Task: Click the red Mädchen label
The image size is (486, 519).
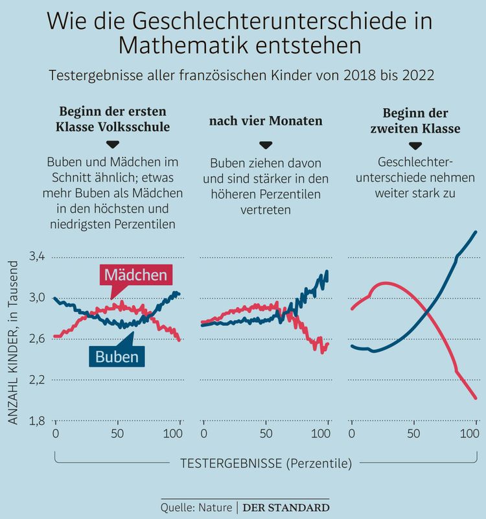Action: point(135,275)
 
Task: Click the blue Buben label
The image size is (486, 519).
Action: point(117,356)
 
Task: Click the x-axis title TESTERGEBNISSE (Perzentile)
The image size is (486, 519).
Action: point(266,463)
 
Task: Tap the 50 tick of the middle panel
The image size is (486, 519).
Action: point(266,434)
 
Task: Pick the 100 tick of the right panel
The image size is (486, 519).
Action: point(475,434)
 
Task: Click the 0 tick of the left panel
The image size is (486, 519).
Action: point(55,434)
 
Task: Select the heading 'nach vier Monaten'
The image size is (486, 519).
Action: point(266,121)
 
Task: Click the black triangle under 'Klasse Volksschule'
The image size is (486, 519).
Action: point(114,144)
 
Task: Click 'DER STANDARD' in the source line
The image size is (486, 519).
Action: point(286,507)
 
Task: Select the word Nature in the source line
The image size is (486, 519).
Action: point(214,507)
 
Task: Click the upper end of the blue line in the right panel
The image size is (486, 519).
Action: point(476,232)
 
